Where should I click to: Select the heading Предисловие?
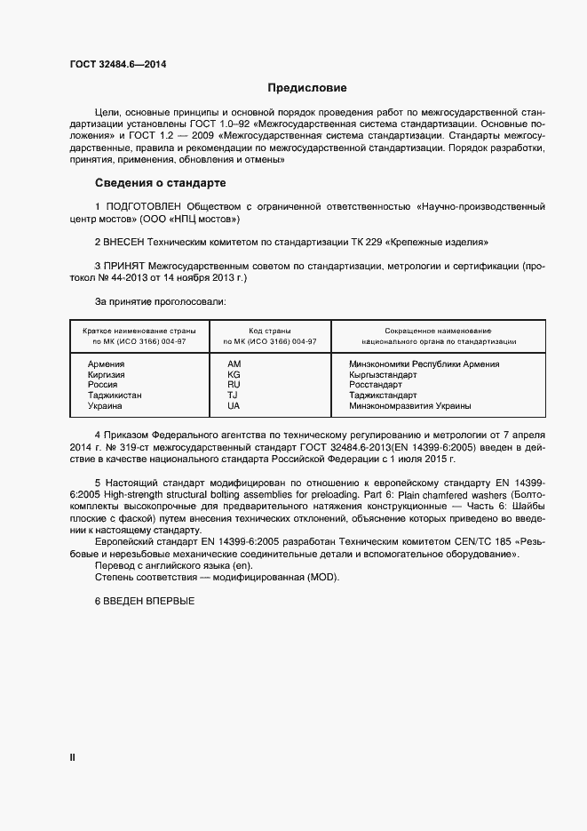307,89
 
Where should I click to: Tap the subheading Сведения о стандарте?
161,184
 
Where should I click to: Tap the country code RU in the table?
234,385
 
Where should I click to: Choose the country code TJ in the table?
233,396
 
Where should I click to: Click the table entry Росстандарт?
376,385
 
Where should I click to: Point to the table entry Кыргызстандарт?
383,374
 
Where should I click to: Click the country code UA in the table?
234,406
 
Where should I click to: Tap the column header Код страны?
270,330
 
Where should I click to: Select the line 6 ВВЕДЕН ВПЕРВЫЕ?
144,602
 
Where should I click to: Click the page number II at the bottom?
72,757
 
